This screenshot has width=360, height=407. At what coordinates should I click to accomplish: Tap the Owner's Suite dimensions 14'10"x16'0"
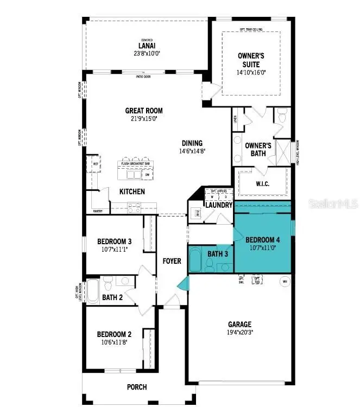[x=251, y=72]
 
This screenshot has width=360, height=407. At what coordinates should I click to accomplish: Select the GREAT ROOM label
[x=144, y=111]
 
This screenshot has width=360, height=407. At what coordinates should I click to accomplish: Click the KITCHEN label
[x=132, y=192]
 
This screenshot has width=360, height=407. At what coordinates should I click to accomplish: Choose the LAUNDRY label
[x=219, y=205]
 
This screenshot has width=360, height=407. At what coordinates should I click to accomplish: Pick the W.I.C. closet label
[x=262, y=183]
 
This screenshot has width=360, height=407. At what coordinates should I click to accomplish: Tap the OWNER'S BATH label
[x=258, y=149]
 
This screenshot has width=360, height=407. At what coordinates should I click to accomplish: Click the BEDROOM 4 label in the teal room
[x=263, y=240]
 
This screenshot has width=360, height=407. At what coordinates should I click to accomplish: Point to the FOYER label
[x=172, y=261]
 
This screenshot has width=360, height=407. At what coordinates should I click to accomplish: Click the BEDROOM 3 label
[x=114, y=241]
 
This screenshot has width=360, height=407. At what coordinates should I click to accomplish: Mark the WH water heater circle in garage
[x=284, y=282]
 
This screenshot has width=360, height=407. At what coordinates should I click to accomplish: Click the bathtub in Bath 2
[x=93, y=291]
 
